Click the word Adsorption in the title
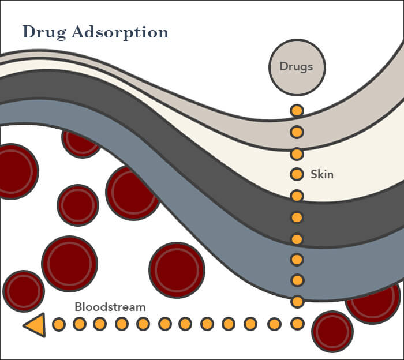point(121,32)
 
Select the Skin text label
point(322,174)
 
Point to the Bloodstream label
point(110,307)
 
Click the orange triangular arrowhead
point(35,325)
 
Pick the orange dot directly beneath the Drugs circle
point(297,110)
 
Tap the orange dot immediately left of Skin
point(297,174)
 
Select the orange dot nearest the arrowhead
point(59,324)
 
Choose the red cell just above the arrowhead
point(24,291)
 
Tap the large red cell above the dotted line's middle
point(177,269)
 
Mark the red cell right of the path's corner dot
point(332,331)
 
